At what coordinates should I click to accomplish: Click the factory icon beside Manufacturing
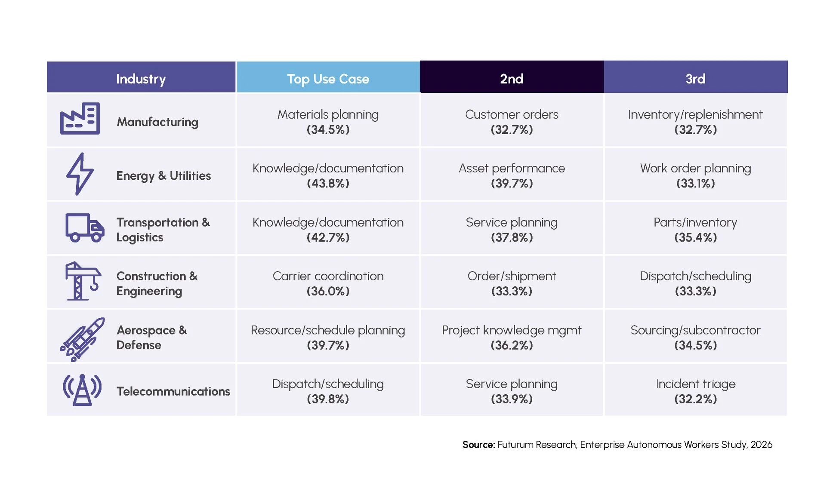coord(80,119)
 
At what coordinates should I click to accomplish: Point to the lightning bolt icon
coord(80,174)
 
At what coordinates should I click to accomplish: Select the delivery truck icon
coord(85,227)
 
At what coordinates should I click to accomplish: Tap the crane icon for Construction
coord(83,281)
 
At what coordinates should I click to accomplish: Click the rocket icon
coord(83,339)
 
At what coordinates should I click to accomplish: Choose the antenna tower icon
coord(82,390)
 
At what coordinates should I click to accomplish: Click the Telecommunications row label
coord(173,391)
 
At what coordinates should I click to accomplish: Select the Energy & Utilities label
coord(163,176)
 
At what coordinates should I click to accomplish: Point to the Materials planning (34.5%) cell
coord(328,122)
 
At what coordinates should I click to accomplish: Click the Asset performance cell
coord(512,175)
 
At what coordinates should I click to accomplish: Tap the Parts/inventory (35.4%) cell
coord(696,230)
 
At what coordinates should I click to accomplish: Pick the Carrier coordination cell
coord(328,283)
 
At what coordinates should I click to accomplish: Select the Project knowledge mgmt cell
coord(512,338)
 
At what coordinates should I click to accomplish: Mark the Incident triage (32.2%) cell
coord(696,391)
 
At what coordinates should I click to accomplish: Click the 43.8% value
coord(328,184)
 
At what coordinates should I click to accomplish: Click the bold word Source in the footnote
coord(479,445)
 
